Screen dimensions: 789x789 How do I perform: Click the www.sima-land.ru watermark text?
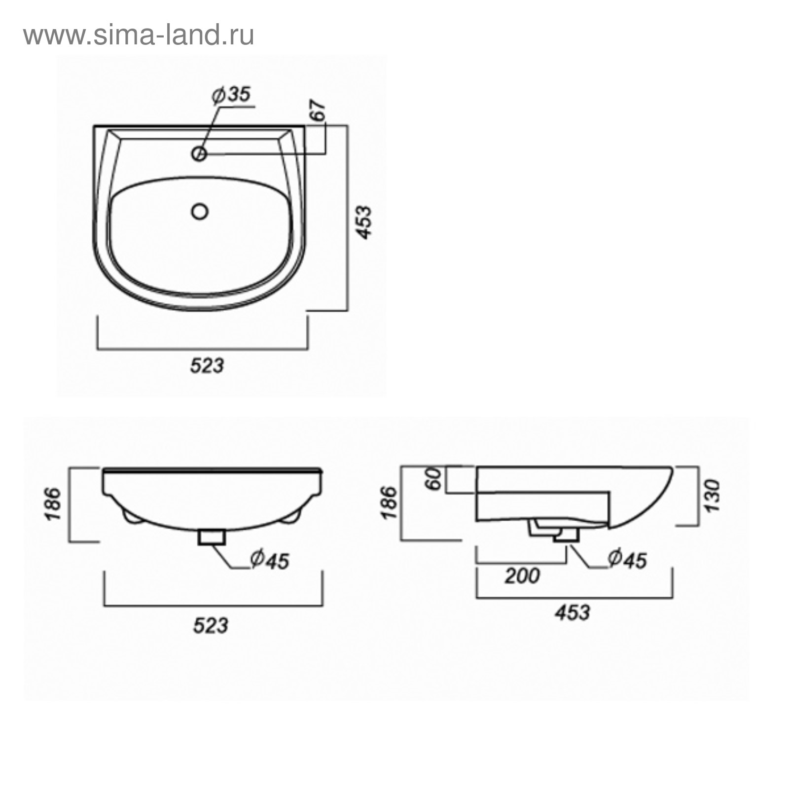click(x=139, y=36)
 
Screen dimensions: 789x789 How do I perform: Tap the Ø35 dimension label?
click(x=231, y=95)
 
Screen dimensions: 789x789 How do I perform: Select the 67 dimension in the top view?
click(x=319, y=110)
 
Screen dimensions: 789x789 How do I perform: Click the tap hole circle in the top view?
click(x=199, y=154)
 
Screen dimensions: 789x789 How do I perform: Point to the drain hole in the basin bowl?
click(x=200, y=212)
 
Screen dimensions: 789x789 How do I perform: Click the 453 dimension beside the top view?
click(x=364, y=222)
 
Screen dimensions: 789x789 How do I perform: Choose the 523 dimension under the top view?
click(x=207, y=365)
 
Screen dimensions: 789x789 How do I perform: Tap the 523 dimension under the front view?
click(x=211, y=625)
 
